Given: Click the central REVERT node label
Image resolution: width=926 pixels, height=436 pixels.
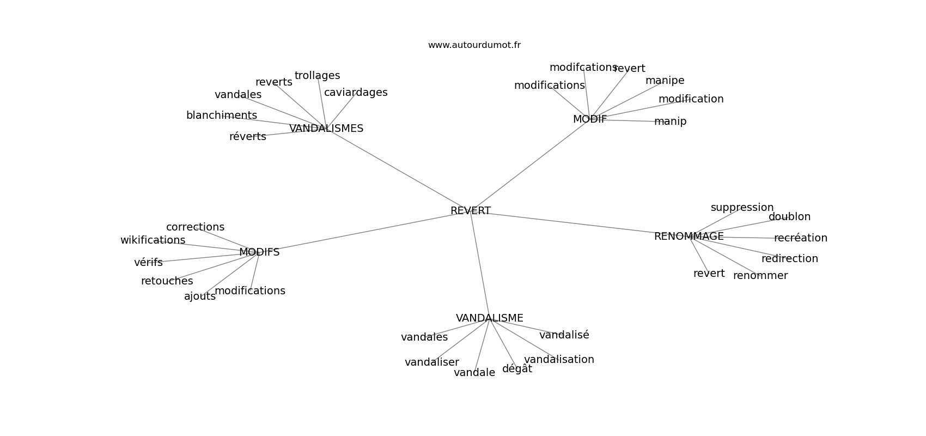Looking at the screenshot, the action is [x=471, y=210].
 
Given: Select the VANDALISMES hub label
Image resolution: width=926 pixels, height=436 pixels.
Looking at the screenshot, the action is [x=326, y=128].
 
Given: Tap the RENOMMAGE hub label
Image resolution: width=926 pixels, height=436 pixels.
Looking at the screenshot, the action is [x=689, y=236].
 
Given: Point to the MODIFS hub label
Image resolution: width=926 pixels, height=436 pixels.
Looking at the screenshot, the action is [x=259, y=252].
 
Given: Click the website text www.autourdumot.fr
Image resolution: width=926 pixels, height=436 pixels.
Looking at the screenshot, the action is [x=474, y=45].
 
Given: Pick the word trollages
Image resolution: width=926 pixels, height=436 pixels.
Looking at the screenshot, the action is [x=317, y=76].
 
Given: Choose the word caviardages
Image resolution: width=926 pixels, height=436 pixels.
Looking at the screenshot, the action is [x=356, y=92].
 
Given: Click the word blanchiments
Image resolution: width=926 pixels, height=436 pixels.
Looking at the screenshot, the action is [x=222, y=115].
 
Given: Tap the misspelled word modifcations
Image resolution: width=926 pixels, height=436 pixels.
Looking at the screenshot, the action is [x=583, y=67].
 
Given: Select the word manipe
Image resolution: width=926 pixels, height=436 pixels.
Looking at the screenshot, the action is [x=665, y=80].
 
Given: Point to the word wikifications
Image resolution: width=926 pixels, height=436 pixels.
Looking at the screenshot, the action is [x=153, y=240].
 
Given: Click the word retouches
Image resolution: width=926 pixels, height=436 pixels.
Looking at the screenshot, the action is [x=167, y=281].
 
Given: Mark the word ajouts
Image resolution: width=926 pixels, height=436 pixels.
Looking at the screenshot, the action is [x=200, y=296].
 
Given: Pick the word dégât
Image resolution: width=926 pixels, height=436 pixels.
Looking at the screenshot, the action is [x=517, y=368].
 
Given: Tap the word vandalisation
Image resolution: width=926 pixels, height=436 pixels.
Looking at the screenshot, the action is [x=559, y=360].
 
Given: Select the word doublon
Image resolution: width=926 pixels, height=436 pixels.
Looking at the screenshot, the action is [x=789, y=216].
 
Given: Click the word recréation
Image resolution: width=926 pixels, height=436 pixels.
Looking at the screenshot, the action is [x=800, y=238].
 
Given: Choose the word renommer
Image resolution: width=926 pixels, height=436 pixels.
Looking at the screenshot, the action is [x=760, y=276].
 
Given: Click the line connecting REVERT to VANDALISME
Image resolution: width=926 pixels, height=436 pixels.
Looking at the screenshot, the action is [x=480, y=264].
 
